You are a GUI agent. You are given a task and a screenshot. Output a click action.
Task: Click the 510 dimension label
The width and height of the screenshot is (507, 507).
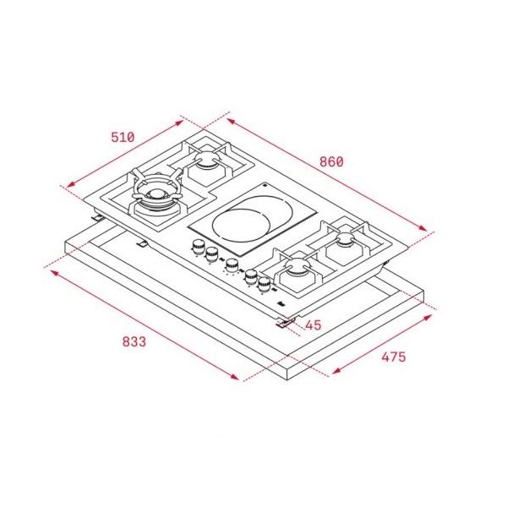click(123, 137)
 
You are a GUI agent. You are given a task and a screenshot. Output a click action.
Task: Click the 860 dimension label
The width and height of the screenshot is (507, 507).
click(331, 161)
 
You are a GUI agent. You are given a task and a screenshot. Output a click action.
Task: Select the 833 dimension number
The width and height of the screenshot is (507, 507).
click(134, 341)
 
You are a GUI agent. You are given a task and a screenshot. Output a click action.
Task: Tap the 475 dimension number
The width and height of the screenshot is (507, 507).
click(394, 357)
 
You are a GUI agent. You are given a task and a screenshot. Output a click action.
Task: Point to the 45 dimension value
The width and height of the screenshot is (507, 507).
click(313, 325)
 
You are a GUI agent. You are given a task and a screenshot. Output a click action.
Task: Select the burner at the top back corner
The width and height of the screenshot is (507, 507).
click(207, 158)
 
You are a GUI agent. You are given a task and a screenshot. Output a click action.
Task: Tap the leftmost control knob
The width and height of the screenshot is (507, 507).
click(197, 248)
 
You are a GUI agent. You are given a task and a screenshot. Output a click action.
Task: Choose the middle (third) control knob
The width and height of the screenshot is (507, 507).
click(232, 266)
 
